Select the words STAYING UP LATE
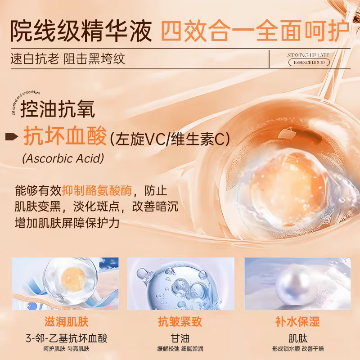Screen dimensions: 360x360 [x=308, y=55]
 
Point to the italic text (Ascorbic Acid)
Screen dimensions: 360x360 [x=63, y=158]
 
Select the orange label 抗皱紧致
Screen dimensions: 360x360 [x=180, y=322]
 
